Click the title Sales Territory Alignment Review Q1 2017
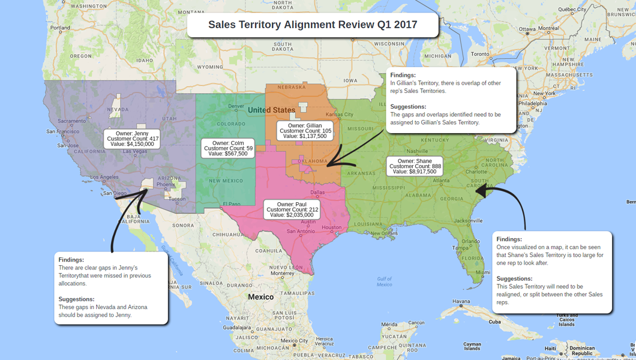point(313,25)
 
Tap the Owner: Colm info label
point(228,148)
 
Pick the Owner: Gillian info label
point(305,131)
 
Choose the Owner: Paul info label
point(292,209)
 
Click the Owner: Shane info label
point(415,166)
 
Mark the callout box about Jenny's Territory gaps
point(111,287)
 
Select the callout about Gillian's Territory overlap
point(449,99)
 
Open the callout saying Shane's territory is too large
point(551,271)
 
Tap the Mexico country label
point(261,297)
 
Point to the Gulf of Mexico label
point(385,281)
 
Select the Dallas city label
point(317,193)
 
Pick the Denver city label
point(236,106)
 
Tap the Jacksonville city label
point(467,220)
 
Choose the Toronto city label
point(480,53)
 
